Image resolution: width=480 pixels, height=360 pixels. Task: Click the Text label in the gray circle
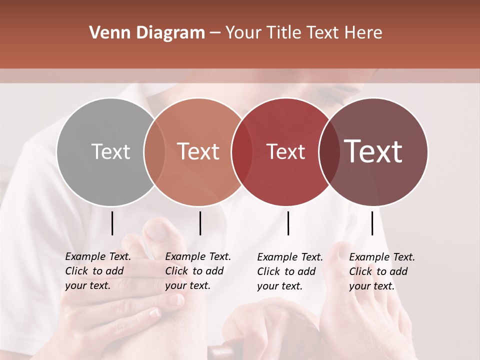tap(111, 151)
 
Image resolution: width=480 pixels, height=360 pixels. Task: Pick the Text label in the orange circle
tap(198, 151)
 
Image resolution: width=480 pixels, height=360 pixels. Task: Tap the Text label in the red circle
tap(286, 151)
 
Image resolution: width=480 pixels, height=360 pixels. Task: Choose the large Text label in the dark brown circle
tap(373, 151)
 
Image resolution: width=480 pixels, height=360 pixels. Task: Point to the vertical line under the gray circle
tap(112, 223)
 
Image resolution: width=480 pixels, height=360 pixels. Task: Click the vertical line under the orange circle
tap(200, 223)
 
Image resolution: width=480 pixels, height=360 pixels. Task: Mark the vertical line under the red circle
tap(288, 223)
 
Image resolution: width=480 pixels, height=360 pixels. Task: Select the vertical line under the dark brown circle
tap(372, 223)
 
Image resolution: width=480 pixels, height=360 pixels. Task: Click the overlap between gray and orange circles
tap(154, 152)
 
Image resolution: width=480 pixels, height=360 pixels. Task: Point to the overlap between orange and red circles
tap(242, 152)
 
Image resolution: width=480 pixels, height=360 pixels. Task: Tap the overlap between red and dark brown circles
tap(329, 152)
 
